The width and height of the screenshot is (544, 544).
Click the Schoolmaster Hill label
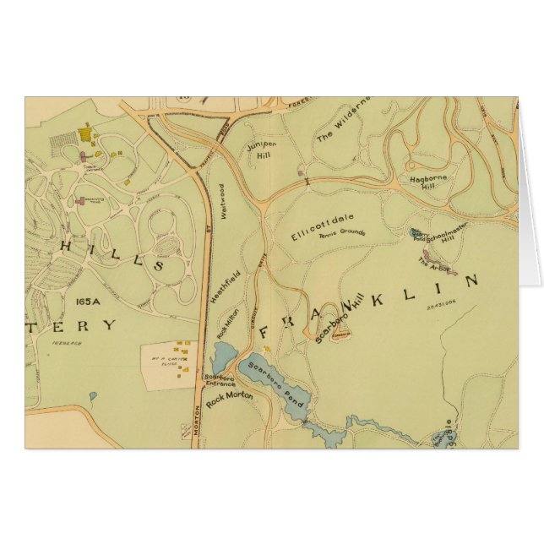(x=447, y=239)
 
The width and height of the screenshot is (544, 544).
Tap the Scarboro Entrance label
(x=219, y=382)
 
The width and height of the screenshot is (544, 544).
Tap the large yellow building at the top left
(x=85, y=133)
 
